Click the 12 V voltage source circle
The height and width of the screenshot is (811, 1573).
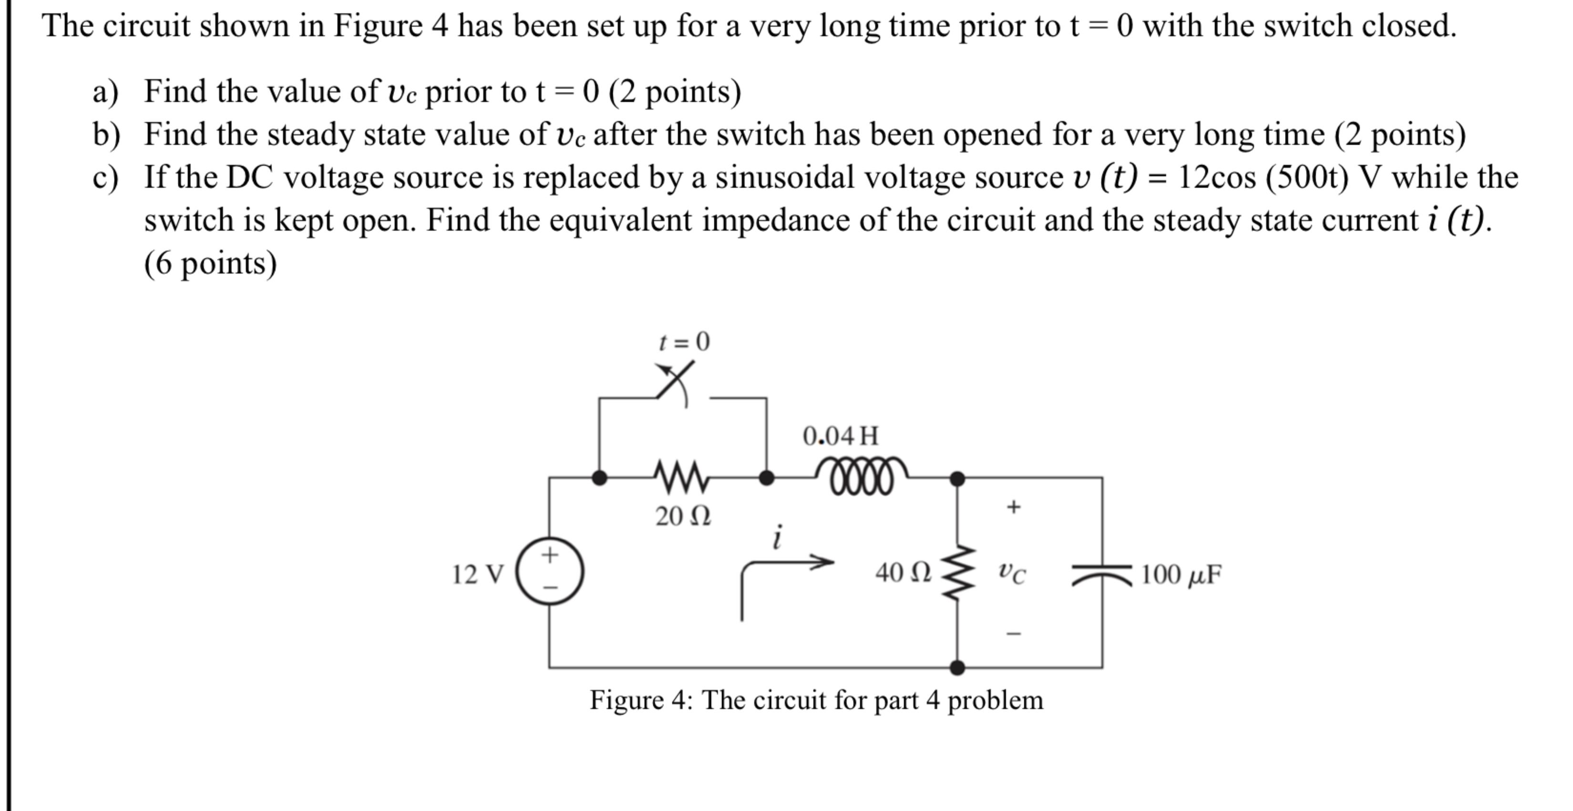tap(550, 571)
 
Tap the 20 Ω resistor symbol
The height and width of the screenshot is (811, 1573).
tap(682, 478)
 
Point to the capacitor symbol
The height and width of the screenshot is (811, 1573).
tap(1102, 574)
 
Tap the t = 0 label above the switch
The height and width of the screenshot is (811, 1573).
tap(684, 341)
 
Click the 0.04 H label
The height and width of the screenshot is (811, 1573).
tap(841, 436)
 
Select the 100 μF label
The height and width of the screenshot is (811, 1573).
tap(1181, 575)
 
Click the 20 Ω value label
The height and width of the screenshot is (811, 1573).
tap(683, 517)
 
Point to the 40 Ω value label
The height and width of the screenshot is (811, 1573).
tap(903, 572)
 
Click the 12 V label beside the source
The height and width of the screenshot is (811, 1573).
tap(477, 574)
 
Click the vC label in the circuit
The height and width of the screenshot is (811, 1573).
tap(1012, 573)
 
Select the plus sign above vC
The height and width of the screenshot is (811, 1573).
tap(1013, 507)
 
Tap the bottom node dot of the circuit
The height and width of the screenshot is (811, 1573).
tap(957, 668)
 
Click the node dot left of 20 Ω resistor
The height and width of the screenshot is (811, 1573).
tap(600, 478)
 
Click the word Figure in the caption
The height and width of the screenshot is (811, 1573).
tap(627, 700)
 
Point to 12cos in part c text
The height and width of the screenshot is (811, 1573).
tap(1217, 178)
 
